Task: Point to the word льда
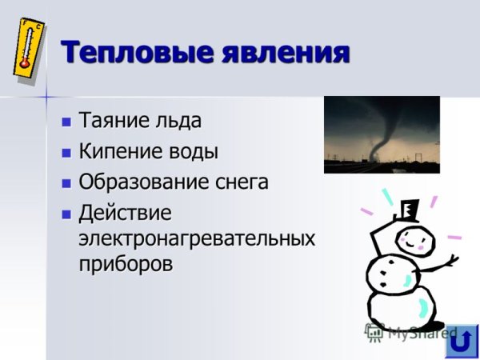[x=180, y=122]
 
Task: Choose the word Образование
[x=140, y=182]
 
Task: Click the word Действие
[x=126, y=213]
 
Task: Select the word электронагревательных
[x=196, y=238]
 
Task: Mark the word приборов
[x=126, y=265]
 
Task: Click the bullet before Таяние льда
[x=66, y=122]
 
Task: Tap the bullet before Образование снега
[x=66, y=182]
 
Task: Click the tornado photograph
[x=382, y=134]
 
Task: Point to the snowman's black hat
[x=406, y=210]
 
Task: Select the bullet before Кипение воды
[x=66, y=152]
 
